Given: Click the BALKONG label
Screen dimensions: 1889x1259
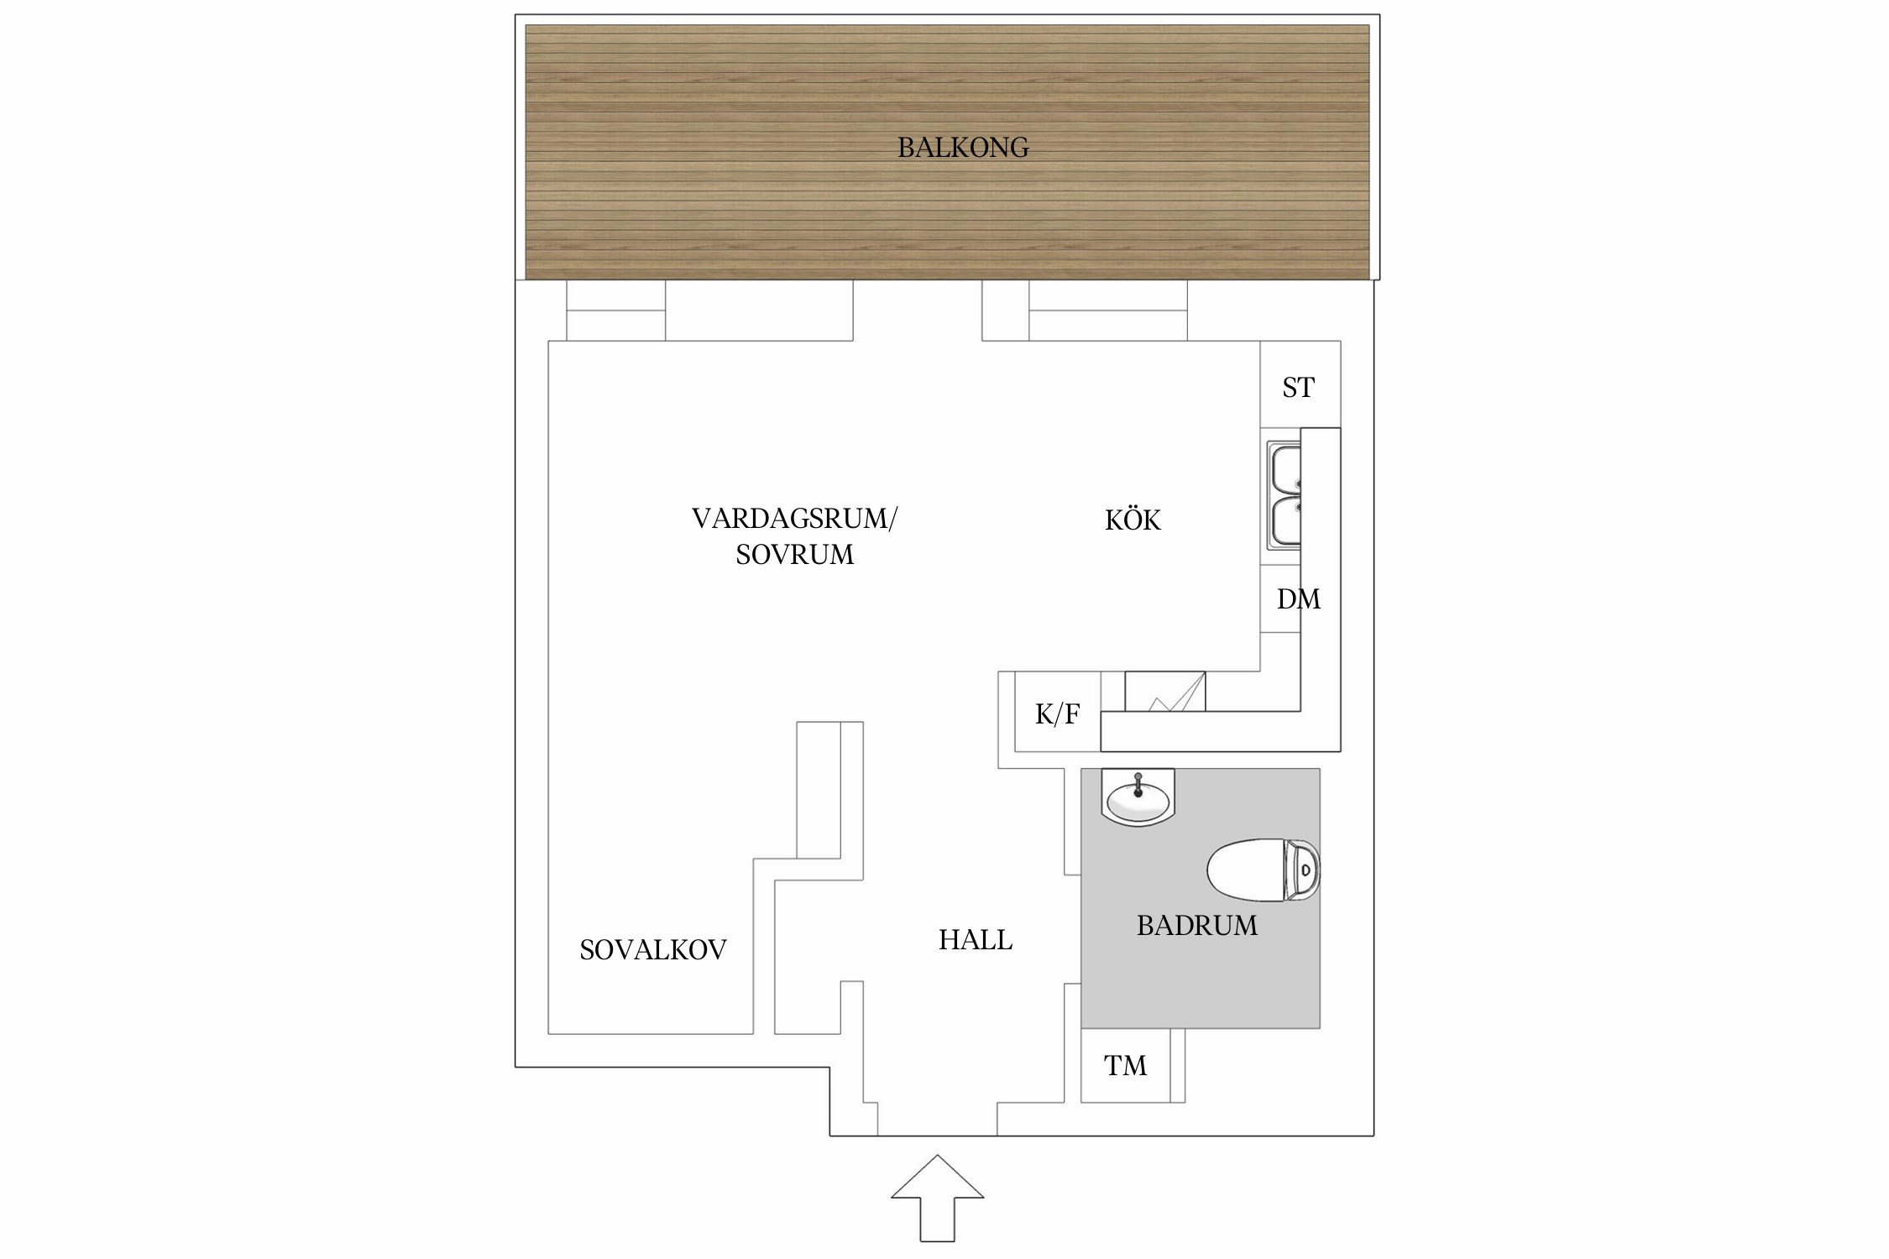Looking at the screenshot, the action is pyautogui.click(x=963, y=148).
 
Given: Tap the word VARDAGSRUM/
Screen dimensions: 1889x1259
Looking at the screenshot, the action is pyautogui.click(x=794, y=519).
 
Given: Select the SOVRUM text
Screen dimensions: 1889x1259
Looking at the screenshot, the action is pyautogui.click(x=794, y=555).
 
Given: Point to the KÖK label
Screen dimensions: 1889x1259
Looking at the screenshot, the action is pyautogui.click(x=1133, y=520).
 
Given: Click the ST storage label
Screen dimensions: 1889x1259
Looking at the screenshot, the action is pyautogui.click(x=1298, y=388).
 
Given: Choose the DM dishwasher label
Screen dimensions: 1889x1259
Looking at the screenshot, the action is pyautogui.click(x=1299, y=599).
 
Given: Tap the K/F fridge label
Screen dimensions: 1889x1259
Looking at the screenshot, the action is pyautogui.click(x=1057, y=714).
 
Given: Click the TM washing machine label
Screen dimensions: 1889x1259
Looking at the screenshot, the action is pyautogui.click(x=1125, y=1066).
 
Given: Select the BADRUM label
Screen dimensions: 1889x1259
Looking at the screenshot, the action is pyautogui.click(x=1197, y=925).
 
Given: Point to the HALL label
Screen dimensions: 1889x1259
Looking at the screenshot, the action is pyautogui.click(x=976, y=939).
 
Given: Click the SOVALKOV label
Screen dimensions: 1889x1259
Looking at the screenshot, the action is pyautogui.click(x=653, y=949).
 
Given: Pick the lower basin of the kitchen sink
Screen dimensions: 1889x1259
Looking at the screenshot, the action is pyautogui.click(x=1285, y=522).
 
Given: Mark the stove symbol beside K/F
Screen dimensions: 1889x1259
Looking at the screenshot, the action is pyautogui.click(x=1165, y=692).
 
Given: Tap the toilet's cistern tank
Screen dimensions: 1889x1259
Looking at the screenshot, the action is pyautogui.click(x=1302, y=870).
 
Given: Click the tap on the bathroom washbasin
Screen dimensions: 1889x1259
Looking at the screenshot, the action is pyautogui.click(x=1138, y=784).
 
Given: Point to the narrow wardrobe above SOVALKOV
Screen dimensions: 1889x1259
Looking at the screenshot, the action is pyautogui.click(x=819, y=790).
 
